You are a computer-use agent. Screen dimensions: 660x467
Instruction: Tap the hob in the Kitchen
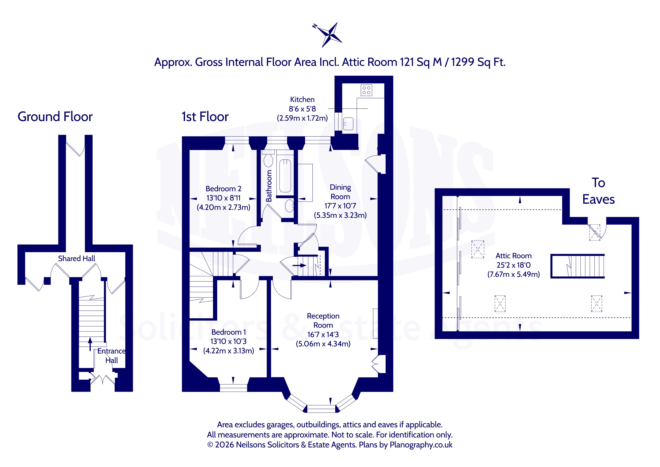point(366,90)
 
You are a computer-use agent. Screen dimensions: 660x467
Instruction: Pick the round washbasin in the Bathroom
point(289,206)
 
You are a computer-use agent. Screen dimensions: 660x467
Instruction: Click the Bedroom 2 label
point(223,189)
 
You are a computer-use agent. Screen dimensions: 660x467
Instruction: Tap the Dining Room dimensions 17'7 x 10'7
point(340,206)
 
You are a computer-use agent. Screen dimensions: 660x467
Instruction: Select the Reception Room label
point(323,320)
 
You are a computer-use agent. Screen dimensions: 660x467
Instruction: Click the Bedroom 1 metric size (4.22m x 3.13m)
point(228,351)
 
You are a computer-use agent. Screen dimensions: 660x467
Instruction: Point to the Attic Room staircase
point(578,266)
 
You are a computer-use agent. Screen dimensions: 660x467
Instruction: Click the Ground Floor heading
point(55,117)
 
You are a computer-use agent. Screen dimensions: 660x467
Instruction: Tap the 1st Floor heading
point(205,117)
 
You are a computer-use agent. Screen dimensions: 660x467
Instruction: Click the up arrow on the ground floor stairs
point(90,344)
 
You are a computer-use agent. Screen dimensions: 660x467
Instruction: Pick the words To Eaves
point(598,191)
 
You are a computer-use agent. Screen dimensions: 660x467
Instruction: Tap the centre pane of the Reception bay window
point(321,409)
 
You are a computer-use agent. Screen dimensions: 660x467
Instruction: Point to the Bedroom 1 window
point(233,388)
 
